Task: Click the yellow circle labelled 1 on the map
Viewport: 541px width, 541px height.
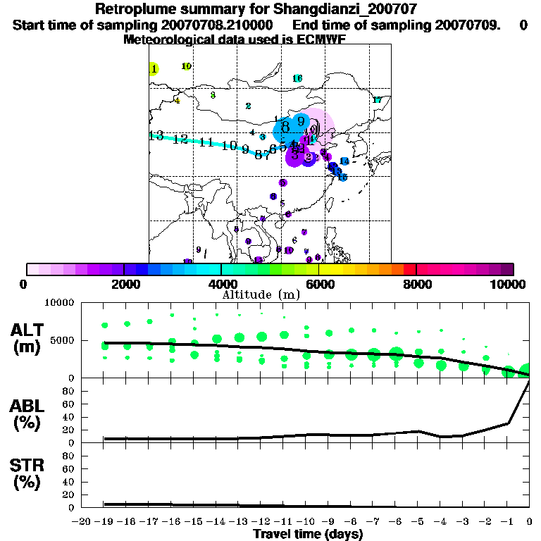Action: pos(154,68)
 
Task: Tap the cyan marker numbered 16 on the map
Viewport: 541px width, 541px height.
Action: pos(297,78)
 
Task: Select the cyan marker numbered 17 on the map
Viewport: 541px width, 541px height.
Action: pos(377,100)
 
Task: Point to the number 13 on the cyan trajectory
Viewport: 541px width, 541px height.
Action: pos(156,135)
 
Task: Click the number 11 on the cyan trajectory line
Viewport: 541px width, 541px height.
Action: pos(206,142)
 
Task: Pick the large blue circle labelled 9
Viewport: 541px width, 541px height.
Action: pos(301,121)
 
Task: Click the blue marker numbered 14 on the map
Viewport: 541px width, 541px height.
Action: pos(344,161)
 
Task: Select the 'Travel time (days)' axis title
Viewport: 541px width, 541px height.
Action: pos(308,534)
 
